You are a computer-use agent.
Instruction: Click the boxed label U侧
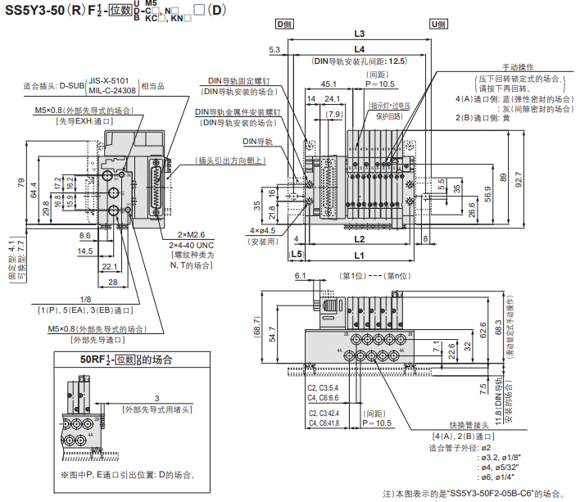(437, 25)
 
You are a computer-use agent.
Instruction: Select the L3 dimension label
(359, 34)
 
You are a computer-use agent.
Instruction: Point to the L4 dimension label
(359, 50)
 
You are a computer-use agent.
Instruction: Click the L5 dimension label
(297, 255)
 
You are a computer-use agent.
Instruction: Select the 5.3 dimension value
(274, 51)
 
